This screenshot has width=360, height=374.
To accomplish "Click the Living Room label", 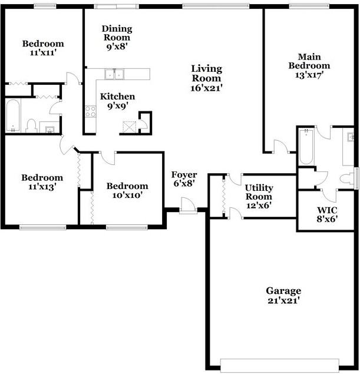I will (206, 78).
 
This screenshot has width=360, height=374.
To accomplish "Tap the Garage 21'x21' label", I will (283, 296).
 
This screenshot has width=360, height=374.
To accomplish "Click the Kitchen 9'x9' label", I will (117, 101).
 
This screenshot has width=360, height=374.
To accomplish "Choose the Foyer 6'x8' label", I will (184, 179).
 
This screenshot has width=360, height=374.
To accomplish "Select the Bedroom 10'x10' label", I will (127, 191).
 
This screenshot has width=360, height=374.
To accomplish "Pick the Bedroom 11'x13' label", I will (42, 182).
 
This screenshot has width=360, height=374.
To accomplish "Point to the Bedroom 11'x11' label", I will (43, 48).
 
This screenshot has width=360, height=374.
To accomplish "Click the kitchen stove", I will (91, 111).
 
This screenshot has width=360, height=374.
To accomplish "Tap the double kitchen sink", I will (114, 74).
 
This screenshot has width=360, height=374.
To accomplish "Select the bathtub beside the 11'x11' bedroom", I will (12, 116).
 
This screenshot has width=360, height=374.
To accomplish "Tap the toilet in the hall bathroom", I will (32, 125).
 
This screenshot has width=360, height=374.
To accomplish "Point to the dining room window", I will (115, 6).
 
